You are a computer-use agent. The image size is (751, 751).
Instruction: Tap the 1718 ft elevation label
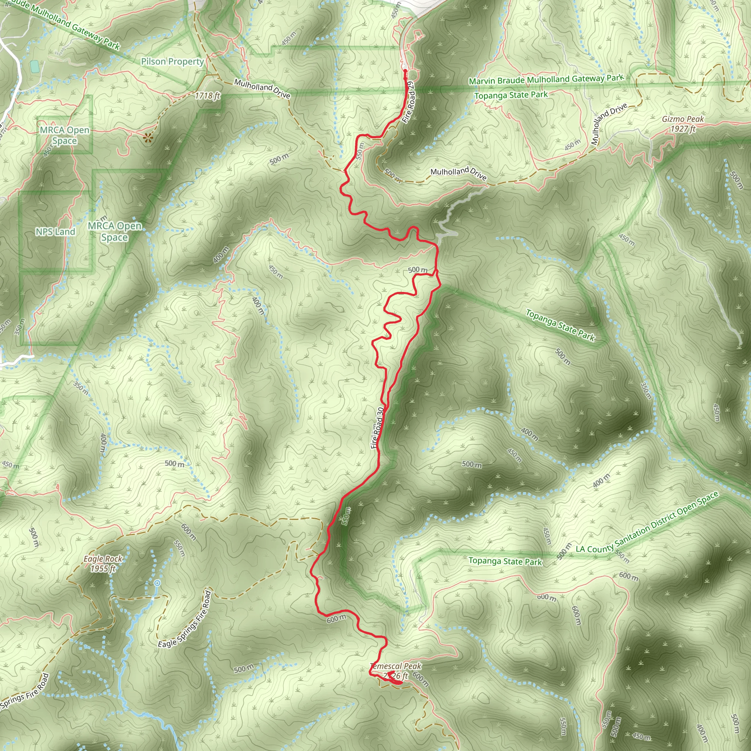tap(208, 95)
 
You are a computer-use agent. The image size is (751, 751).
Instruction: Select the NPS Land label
tap(55, 232)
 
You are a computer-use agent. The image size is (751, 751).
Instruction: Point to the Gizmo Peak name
tap(683, 119)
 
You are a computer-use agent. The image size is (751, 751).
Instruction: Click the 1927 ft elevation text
tap(683, 129)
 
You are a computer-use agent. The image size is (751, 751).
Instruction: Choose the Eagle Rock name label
tap(103, 559)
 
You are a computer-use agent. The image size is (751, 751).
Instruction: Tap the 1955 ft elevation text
tap(103, 569)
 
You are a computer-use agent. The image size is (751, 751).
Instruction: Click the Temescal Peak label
tap(396, 666)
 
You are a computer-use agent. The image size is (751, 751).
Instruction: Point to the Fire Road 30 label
tap(377, 428)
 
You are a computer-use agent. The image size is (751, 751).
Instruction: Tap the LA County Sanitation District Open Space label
tap(647, 522)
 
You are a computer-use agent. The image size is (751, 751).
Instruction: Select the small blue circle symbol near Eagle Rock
tap(157, 583)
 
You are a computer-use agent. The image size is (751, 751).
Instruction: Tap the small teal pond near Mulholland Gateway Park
tap(34, 66)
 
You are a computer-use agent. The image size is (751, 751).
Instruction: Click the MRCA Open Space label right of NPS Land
tap(115, 231)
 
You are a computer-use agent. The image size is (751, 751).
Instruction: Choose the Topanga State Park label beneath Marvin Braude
tap(511, 95)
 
